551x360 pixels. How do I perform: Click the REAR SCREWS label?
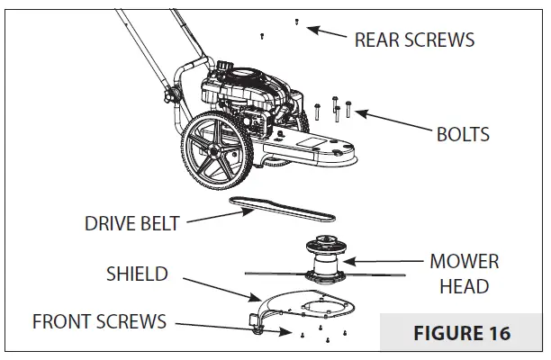[414, 40]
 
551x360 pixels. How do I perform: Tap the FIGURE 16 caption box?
[461, 332]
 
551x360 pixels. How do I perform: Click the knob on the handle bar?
[166, 93]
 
